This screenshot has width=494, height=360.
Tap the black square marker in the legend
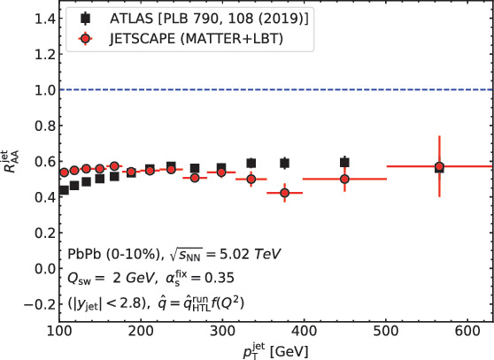[x=81, y=18]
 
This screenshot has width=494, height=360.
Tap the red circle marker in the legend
[x=81, y=39]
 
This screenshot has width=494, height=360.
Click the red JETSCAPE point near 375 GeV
[x=284, y=193]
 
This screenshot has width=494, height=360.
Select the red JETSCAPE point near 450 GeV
[x=344, y=179]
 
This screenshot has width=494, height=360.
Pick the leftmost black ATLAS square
[x=63, y=190]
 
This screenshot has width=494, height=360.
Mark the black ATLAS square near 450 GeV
[x=344, y=163]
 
